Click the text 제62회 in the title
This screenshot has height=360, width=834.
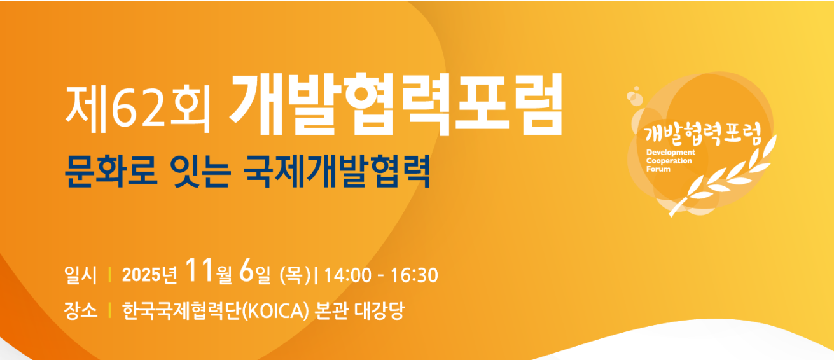(137, 107)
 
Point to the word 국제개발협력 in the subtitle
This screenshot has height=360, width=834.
(337, 171)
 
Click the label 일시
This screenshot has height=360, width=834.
(80, 275)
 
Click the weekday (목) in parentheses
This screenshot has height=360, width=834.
(295, 275)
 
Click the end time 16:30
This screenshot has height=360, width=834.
(414, 275)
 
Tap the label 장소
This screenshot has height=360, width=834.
(80, 311)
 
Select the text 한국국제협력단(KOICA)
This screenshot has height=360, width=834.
(216, 311)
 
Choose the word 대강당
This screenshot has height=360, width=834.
(381, 311)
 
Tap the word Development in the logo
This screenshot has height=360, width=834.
(671, 153)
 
